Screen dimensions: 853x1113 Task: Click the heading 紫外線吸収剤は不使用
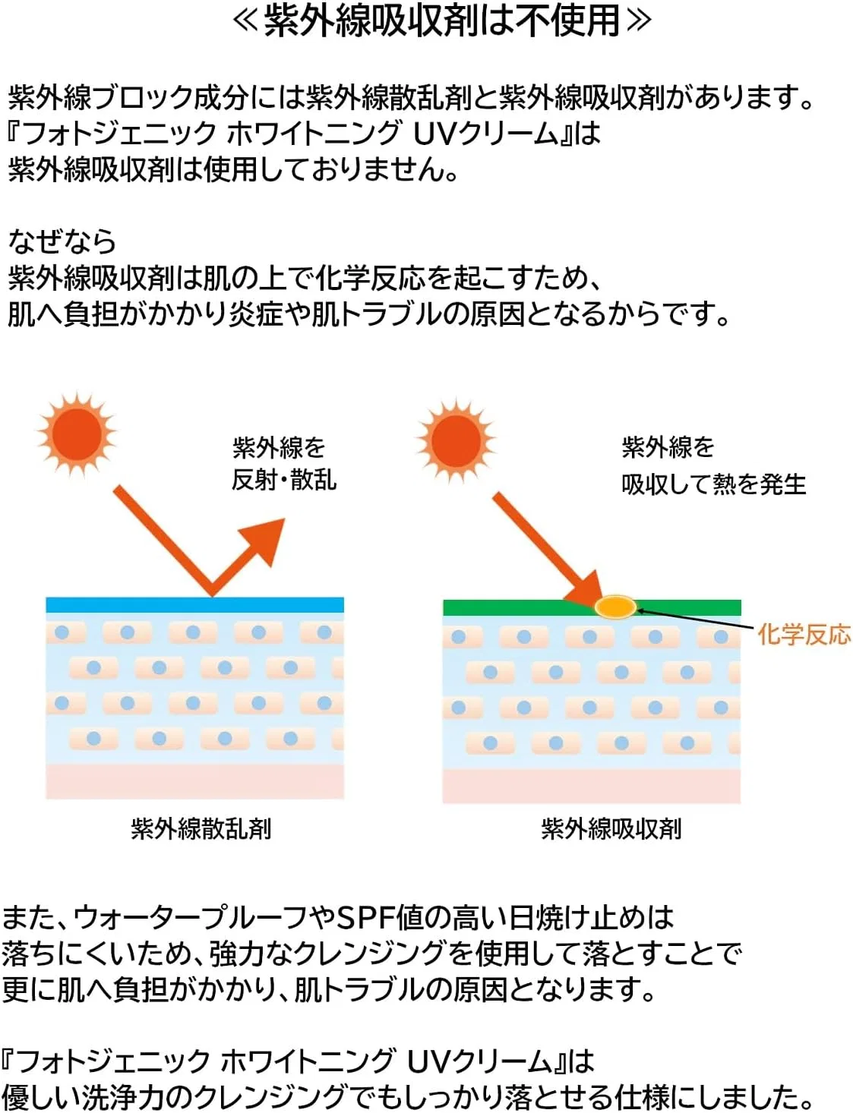[441, 21]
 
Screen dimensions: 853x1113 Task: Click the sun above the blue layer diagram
[77, 434]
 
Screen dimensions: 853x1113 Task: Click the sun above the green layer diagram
[456, 441]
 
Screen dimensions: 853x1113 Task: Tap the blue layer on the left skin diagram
[194, 604]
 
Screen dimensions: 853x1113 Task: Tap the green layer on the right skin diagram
[592, 607]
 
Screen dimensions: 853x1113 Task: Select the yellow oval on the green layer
[615, 607]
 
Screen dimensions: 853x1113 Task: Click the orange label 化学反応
[804, 635]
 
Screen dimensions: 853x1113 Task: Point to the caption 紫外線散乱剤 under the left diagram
[201, 829]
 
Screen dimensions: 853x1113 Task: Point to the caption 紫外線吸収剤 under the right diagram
[611, 829]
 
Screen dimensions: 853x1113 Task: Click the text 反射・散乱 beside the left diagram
[284, 481]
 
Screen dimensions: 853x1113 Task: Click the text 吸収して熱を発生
[714, 484]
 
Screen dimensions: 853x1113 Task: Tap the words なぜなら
[62, 241]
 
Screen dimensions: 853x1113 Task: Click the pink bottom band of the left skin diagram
[194, 780]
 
